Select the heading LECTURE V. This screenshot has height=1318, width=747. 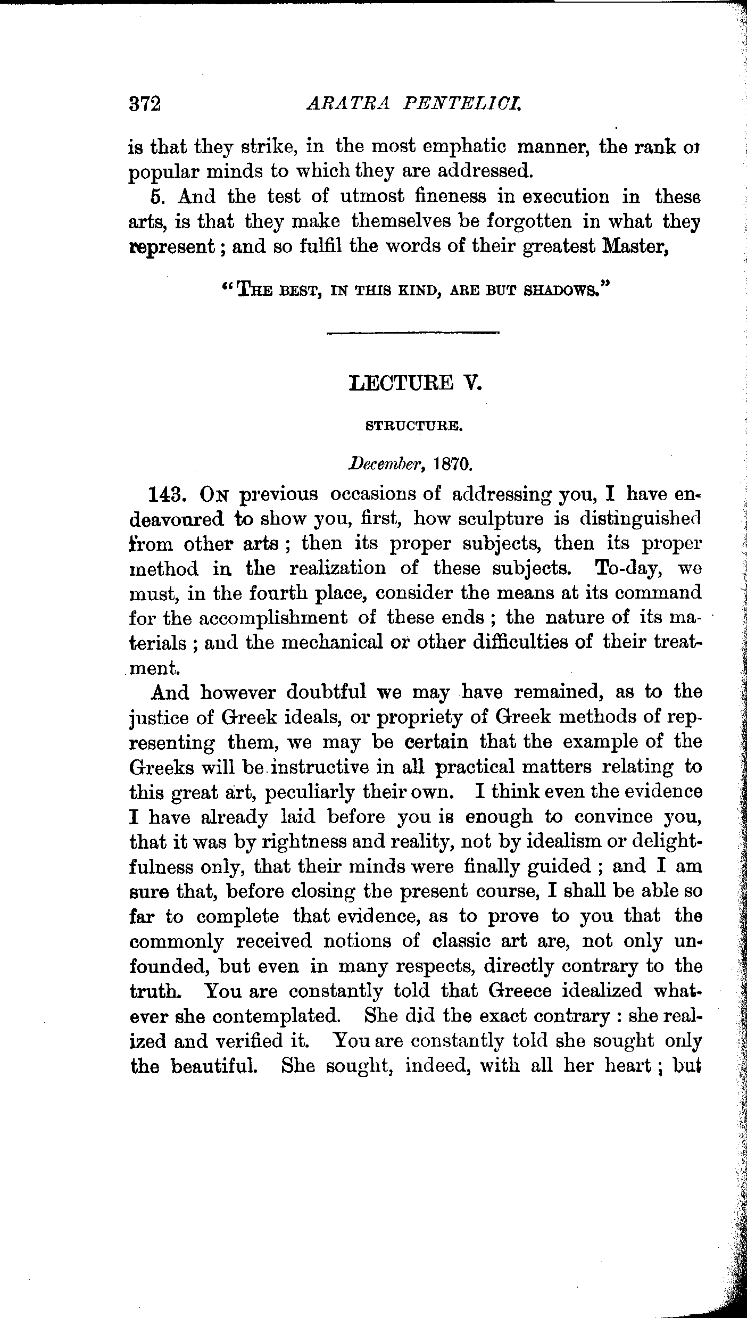point(415,383)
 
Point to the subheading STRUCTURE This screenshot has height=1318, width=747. point(414,426)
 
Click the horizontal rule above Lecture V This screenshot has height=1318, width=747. point(413,333)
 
